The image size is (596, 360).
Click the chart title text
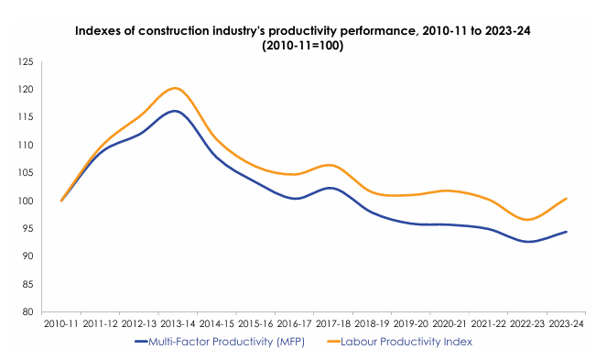click(x=298, y=38)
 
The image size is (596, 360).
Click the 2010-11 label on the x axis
click(x=61, y=323)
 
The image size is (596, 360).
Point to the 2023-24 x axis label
click(x=567, y=323)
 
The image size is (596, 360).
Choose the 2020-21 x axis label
click(x=450, y=323)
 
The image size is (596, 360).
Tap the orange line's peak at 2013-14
click(x=176, y=88)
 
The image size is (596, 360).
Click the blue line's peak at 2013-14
click(x=176, y=111)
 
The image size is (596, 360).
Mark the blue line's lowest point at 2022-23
click(x=528, y=242)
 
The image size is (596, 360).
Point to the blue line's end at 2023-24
click(x=567, y=232)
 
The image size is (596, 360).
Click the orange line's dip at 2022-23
click(x=528, y=220)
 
